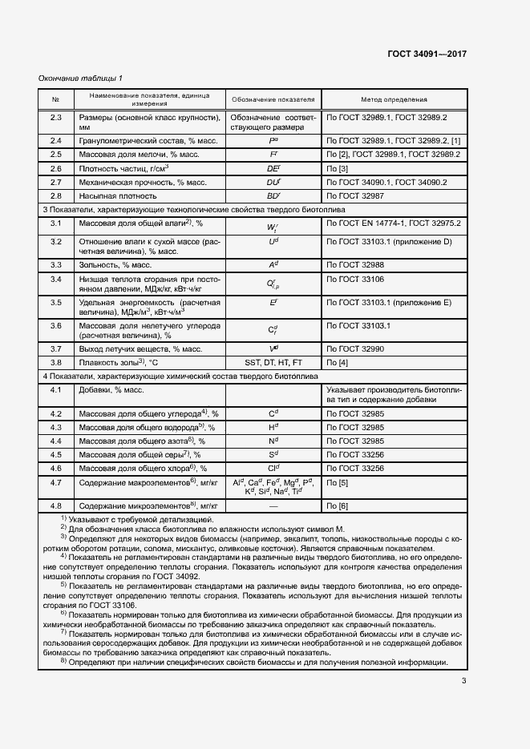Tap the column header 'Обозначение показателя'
(x=273, y=99)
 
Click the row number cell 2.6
(x=56, y=169)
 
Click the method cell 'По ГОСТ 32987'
(x=358, y=195)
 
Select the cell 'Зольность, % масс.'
(x=115, y=264)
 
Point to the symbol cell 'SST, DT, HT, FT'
(x=273, y=363)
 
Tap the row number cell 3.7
(x=56, y=349)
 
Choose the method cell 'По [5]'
(x=337, y=483)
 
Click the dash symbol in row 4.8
(x=273, y=506)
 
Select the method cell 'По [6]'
(x=337, y=506)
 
